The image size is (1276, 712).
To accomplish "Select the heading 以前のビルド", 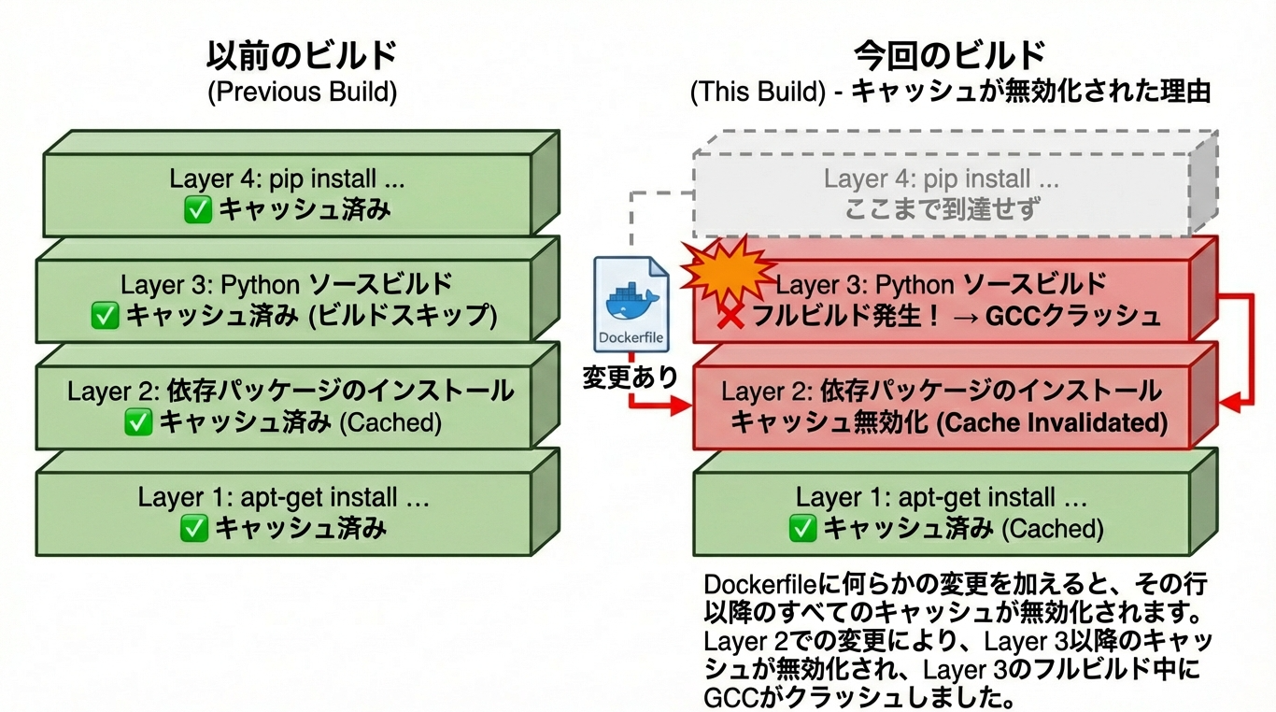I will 302,56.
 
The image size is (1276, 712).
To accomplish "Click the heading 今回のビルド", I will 950,56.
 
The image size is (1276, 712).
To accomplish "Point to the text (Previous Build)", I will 302,93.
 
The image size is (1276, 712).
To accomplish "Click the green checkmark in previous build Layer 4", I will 198,210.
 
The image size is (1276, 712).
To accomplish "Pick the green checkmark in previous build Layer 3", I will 105,316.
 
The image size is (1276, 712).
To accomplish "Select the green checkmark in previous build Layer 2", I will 138,422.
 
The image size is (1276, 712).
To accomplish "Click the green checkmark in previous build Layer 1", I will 193,529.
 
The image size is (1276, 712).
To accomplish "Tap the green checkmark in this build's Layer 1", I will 802,529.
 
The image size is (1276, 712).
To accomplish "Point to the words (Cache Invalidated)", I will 1051,422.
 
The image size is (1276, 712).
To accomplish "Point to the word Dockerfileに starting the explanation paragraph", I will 760,585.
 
